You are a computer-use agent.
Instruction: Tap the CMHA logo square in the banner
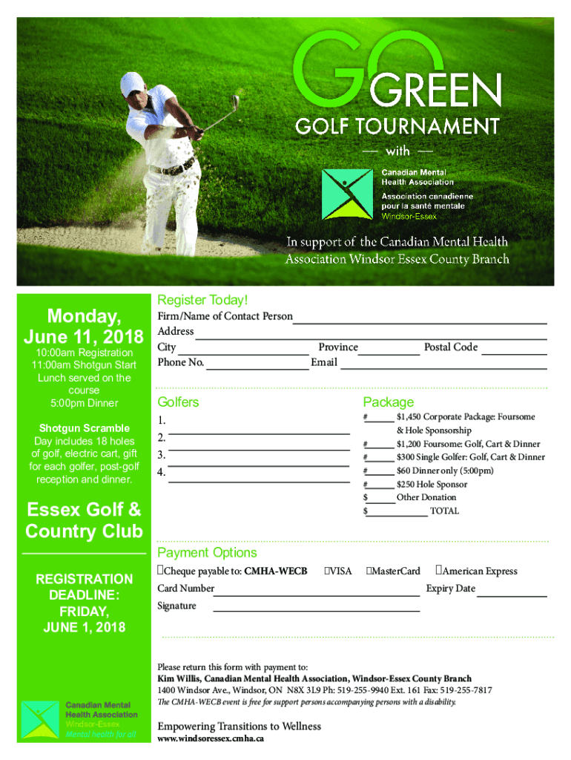347,194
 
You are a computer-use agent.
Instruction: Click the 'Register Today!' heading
202,300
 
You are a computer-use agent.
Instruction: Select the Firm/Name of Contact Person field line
420,322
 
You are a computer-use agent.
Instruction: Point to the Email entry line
443,367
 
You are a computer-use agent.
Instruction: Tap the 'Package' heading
388,402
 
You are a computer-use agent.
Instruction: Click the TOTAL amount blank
397,514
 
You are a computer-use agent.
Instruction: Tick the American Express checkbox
440,571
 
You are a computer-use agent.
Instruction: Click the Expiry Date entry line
512,595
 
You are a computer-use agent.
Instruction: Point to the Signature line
316,611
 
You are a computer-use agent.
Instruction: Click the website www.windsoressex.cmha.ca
211,739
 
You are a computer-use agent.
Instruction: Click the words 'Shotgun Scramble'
84,428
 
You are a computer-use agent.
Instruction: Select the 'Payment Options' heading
207,553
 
